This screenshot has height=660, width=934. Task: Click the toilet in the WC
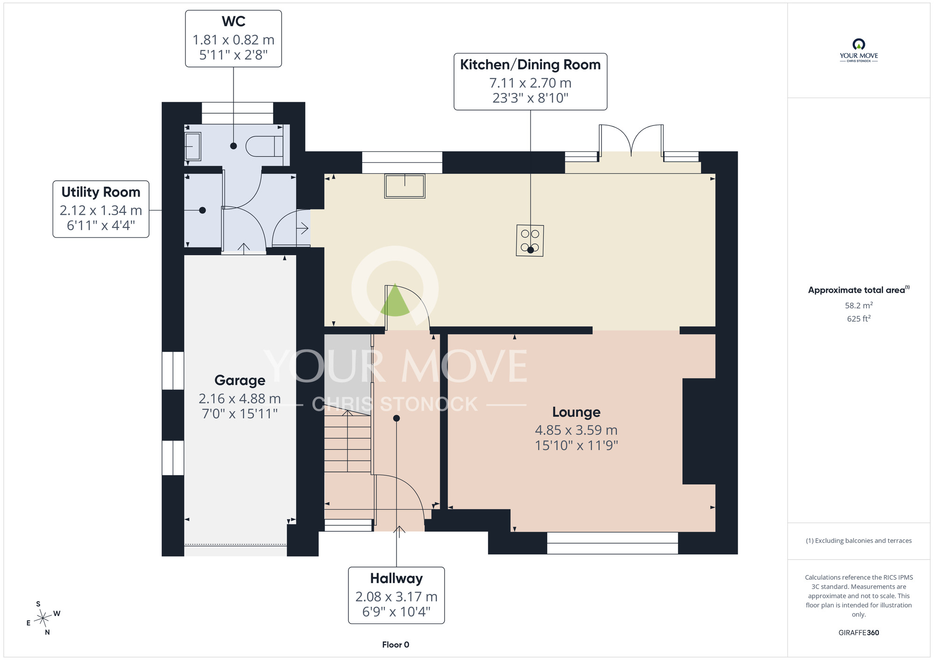pyautogui.click(x=264, y=146)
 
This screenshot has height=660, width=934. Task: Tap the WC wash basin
pyautogui.click(x=193, y=147)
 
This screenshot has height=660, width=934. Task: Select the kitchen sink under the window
pyautogui.click(x=405, y=186)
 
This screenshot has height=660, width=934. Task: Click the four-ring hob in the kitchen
pyautogui.click(x=530, y=240)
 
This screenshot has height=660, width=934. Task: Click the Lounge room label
pyautogui.click(x=576, y=412)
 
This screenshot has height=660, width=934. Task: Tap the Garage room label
pyautogui.click(x=240, y=380)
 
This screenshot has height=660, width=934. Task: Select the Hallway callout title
pyautogui.click(x=396, y=578)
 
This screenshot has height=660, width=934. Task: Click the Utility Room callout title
pyautogui.click(x=101, y=192)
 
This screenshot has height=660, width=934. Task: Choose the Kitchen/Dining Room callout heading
pyautogui.click(x=531, y=64)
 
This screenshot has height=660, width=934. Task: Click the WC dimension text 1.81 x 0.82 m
pyautogui.click(x=233, y=40)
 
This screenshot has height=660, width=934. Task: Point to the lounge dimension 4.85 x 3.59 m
pyautogui.click(x=576, y=430)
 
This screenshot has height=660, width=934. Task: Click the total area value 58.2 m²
pyautogui.click(x=859, y=305)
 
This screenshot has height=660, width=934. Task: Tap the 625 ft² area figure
pyautogui.click(x=859, y=318)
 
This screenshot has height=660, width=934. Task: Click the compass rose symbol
pyautogui.click(x=43, y=618)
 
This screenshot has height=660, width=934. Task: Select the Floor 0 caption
pyautogui.click(x=396, y=645)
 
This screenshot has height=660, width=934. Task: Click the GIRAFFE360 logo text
pyautogui.click(x=859, y=633)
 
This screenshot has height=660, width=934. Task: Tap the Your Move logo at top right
pyautogui.click(x=859, y=50)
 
